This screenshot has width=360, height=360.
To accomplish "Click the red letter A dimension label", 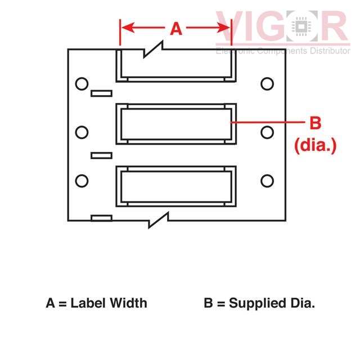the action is point(176,29).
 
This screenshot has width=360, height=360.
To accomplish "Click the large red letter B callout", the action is point(315,123).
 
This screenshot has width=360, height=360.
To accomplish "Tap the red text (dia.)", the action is point(315,145).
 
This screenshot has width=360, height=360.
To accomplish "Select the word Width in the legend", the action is point(128,303).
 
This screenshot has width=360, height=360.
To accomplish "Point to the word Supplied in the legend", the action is point(258,304).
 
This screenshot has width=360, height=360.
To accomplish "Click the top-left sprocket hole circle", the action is point(82,84).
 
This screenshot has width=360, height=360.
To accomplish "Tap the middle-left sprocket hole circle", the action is point(82,133).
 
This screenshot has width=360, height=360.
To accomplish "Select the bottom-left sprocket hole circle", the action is point(82,181).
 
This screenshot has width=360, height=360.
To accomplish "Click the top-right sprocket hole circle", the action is point(267,84).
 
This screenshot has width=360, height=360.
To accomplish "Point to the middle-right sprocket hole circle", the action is point(267,133).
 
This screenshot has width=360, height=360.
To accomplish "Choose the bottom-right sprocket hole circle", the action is point(267,181).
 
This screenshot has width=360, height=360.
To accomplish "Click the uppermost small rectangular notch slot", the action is point(101,93).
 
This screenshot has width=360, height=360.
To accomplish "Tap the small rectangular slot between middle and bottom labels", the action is point(101,156).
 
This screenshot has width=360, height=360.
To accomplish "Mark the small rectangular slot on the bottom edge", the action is point(101,218).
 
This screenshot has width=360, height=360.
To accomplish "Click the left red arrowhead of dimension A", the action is point(128,28).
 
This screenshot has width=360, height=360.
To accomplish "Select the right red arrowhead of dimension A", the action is point(223,28).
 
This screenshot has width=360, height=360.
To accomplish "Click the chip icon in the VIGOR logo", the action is point(301,26).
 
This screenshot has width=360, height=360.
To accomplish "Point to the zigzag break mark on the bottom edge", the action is point(159,220).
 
